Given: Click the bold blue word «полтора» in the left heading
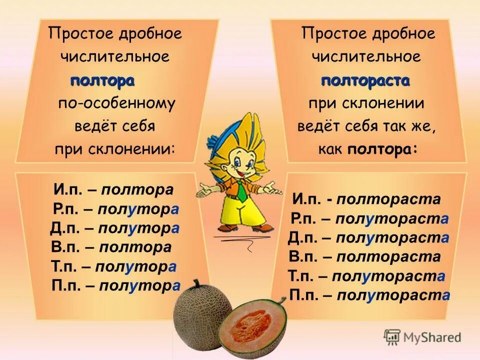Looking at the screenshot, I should [x=102, y=80].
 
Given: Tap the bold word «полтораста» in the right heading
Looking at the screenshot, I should [x=365, y=80].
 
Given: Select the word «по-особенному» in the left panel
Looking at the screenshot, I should [x=116, y=103].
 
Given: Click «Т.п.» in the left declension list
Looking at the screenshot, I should [x=64, y=266].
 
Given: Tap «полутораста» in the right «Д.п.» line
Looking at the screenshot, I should [x=392, y=238].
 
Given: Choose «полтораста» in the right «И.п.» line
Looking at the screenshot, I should [x=388, y=200].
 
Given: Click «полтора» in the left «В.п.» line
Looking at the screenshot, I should [x=135, y=247].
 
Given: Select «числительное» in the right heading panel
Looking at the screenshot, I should [x=366, y=57].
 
